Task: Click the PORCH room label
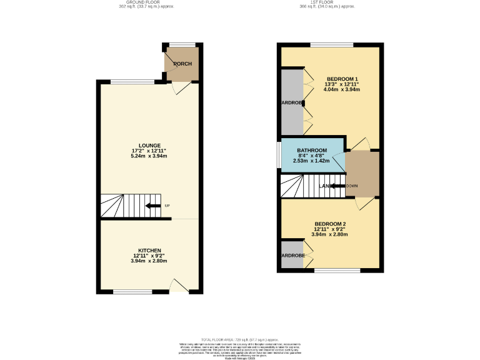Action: [x=182, y=64]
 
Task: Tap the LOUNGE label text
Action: [x=149, y=145]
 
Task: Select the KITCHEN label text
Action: [x=149, y=250]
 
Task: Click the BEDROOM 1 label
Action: [x=341, y=78]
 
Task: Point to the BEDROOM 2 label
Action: [x=330, y=224]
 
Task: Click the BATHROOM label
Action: [x=312, y=151]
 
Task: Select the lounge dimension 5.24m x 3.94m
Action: [x=149, y=156]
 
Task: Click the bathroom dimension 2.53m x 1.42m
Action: [x=311, y=161]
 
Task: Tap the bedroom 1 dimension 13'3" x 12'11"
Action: [x=341, y=84]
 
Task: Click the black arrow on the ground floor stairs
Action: [x=151, y=206]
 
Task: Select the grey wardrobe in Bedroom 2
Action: [x=291, y=255]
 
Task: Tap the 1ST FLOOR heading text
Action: [x=327, y=2]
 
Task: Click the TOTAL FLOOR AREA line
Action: [x=239, y=337]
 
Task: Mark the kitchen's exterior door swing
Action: [x=179, y=286]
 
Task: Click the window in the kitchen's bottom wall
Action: [x=132, y=292]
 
